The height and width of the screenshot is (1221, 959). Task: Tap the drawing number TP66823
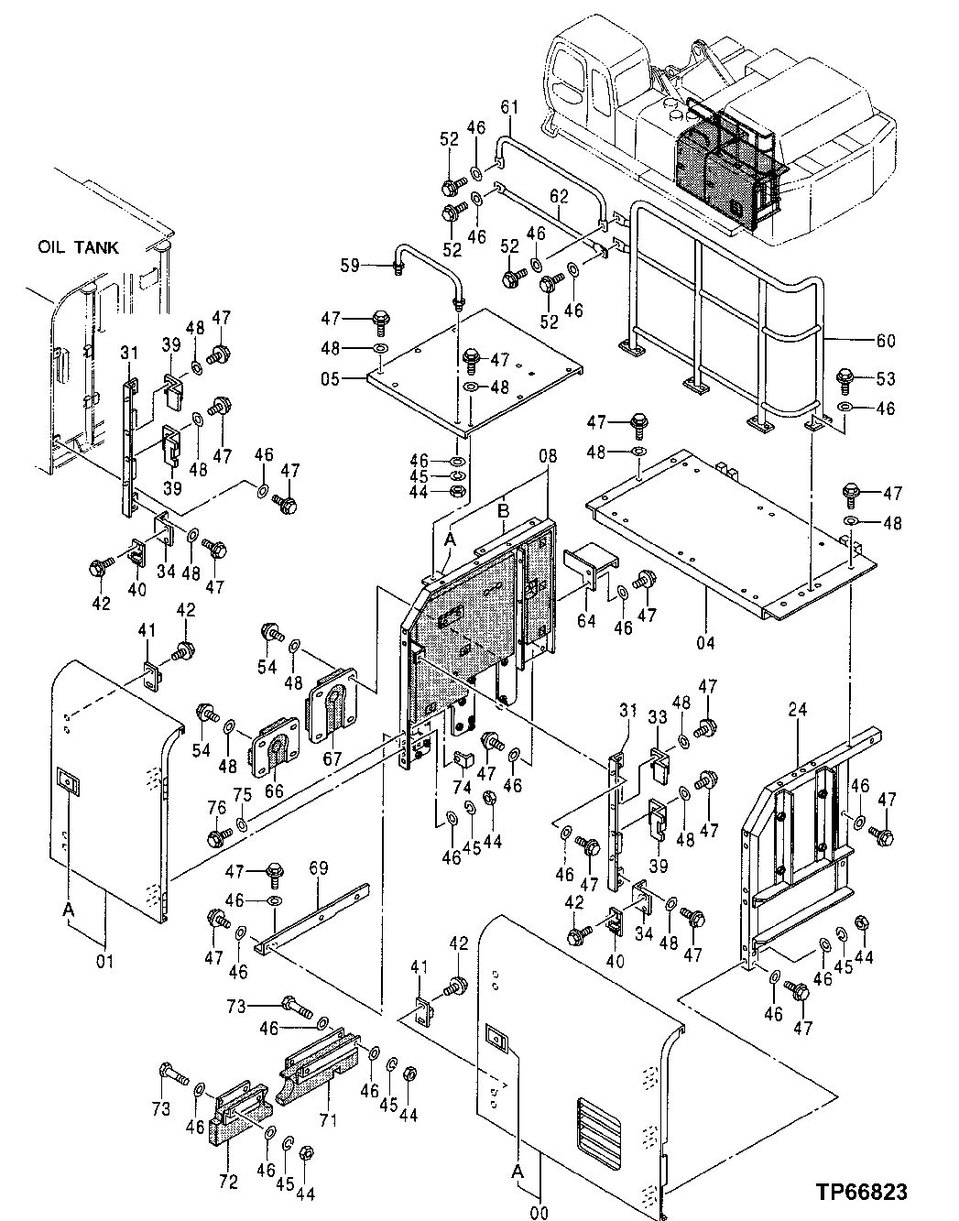[x=863, y=1192]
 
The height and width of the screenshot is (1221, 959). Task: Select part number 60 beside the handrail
[x=885, y=341]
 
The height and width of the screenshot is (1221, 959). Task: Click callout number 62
[x=559, y=196]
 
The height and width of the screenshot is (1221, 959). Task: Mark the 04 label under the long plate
[x=704, y=642]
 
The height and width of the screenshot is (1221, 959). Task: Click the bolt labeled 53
[x=847, y=378]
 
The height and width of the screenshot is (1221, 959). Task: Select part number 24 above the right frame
[x=796, y=708]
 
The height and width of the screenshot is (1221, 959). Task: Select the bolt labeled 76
[x=218, y=836]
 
